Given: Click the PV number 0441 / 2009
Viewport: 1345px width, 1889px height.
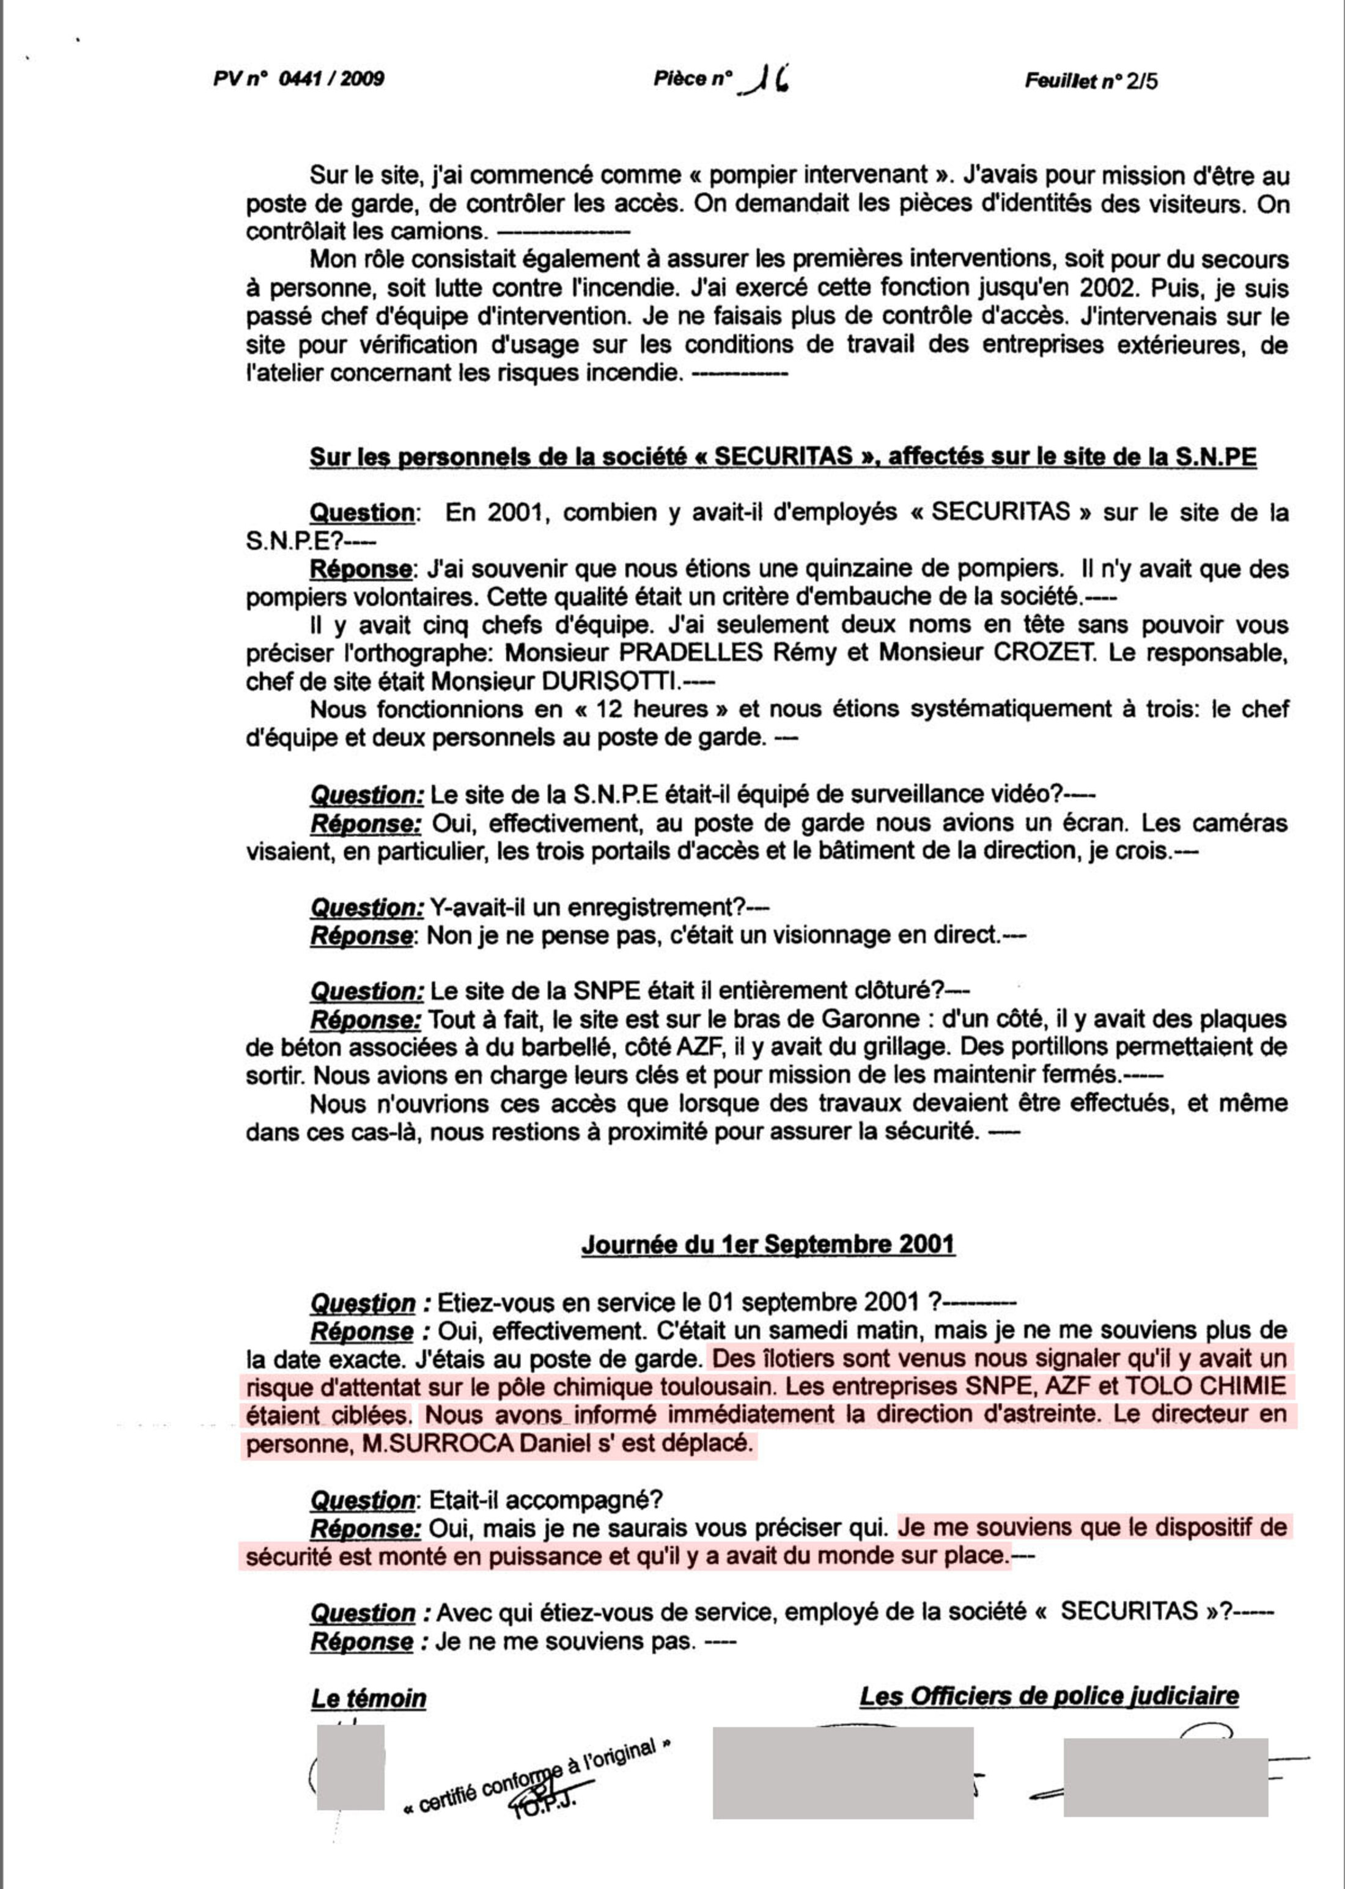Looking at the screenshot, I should coord(331,79).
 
